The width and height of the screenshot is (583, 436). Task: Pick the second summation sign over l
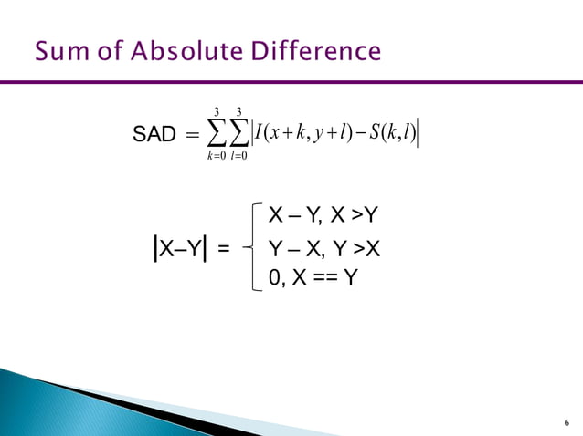(x=244, y=133)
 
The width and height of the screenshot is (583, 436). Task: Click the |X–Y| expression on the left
(x=182, y=246)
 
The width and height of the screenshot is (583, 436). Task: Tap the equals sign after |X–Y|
(x=224, y=246)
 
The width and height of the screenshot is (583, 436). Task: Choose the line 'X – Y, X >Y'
(x=323, y=215)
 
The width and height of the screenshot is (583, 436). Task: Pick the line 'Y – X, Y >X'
(x=323, y=247)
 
